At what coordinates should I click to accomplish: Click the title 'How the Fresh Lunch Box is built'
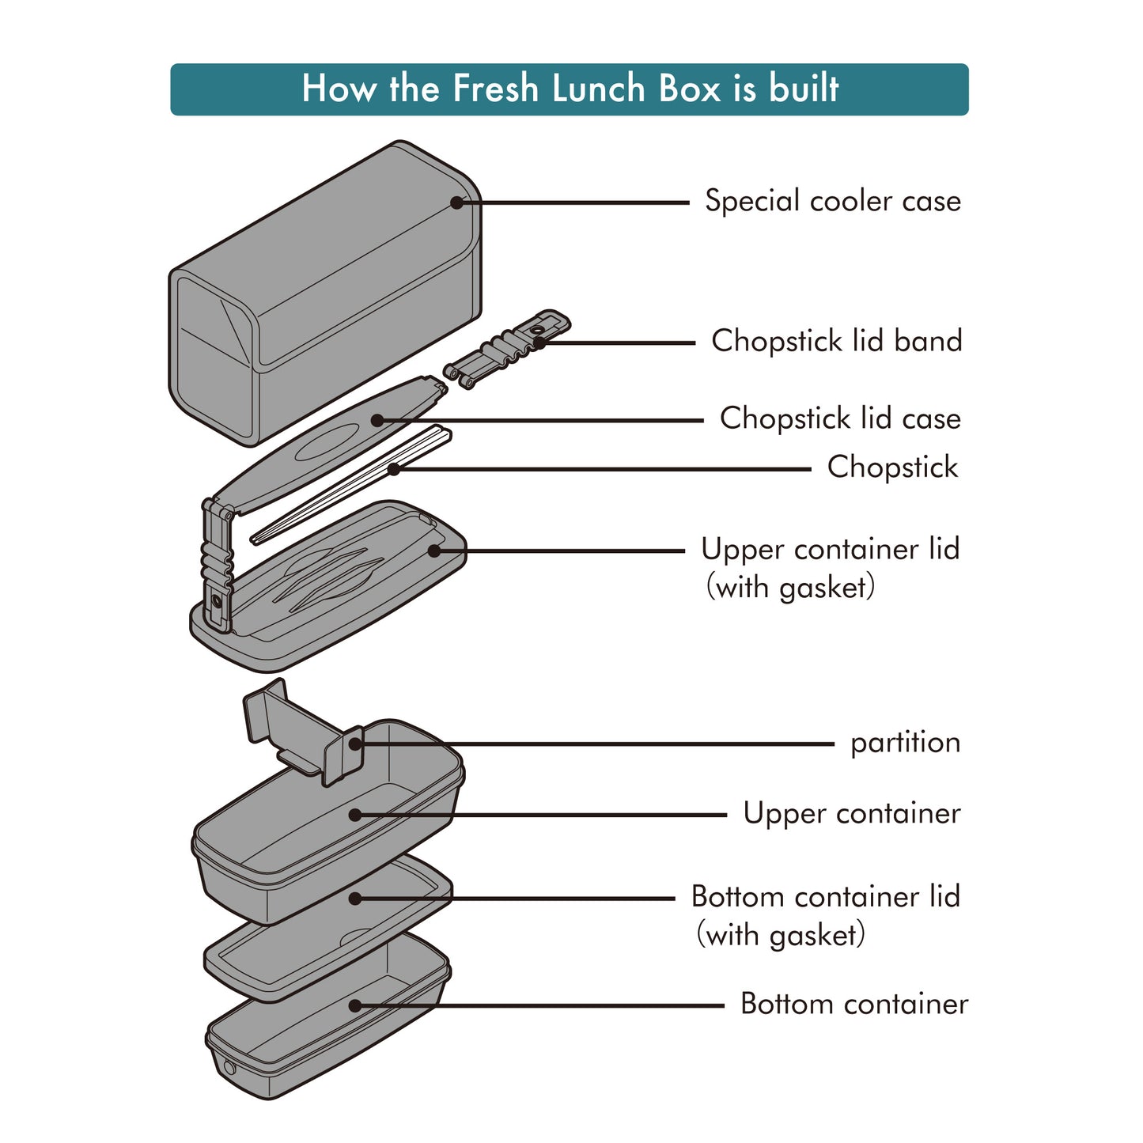570,89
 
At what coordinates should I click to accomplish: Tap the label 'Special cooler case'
832,201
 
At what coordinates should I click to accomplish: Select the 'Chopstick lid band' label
836,341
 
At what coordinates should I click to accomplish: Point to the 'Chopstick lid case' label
840,418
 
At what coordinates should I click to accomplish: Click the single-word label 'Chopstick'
892,467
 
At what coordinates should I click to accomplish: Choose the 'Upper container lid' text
830,549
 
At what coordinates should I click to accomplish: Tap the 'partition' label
905,743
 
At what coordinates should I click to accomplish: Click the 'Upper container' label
851,813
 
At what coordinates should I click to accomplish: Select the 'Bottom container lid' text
825,896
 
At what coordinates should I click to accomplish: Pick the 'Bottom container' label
853,1004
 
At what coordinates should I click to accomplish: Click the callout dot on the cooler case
456,202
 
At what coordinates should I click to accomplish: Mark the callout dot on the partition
355,744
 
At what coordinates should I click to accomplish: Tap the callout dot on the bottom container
355,1005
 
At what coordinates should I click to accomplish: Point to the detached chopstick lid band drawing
506,350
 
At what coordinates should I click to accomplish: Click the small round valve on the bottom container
230,1068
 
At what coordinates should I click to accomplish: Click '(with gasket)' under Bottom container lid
781,935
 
